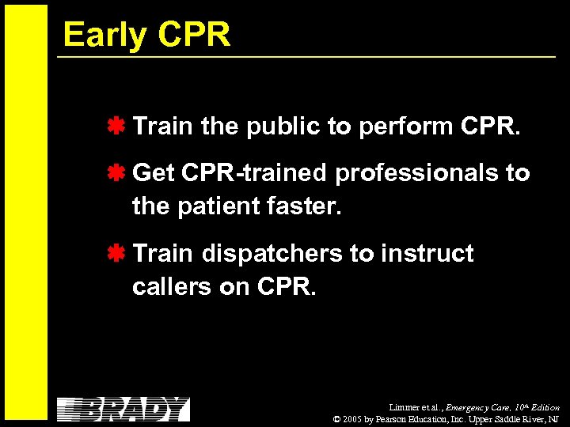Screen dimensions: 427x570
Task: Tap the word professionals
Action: pyautogui.click(x=417, y=173)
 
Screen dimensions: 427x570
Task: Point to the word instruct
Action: pyautogui.click(x=427, y=254)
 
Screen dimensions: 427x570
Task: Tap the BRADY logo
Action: pyautogui.click(x=123, y=409)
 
